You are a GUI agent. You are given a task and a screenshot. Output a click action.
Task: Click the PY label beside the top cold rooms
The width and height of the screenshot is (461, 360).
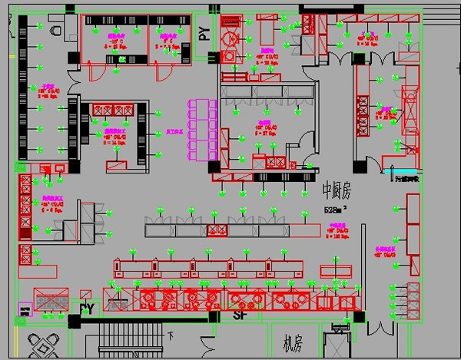click(x=204, y=34)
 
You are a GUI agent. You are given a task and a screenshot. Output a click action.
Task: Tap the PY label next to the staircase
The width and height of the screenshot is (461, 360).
click(x=86, y=309)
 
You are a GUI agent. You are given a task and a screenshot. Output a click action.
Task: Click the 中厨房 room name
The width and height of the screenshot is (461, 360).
click(x=336, y=189)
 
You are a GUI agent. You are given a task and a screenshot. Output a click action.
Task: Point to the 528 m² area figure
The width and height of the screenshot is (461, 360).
click(x=337, y=209)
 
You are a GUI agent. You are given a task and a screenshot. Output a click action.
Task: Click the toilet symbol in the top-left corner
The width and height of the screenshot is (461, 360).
click(x=54, y=28)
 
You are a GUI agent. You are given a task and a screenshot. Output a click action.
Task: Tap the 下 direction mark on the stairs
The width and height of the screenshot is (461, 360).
click(x=171, y=335)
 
